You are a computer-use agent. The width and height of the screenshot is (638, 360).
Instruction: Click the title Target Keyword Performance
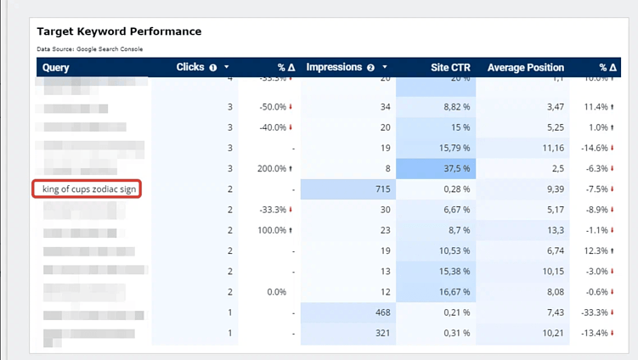point(119,31)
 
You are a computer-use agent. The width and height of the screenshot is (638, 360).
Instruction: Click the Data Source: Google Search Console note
point(90,49)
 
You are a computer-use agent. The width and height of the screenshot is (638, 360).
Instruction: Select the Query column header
point(56,67)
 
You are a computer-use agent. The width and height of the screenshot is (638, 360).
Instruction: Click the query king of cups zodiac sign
point(87,188)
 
